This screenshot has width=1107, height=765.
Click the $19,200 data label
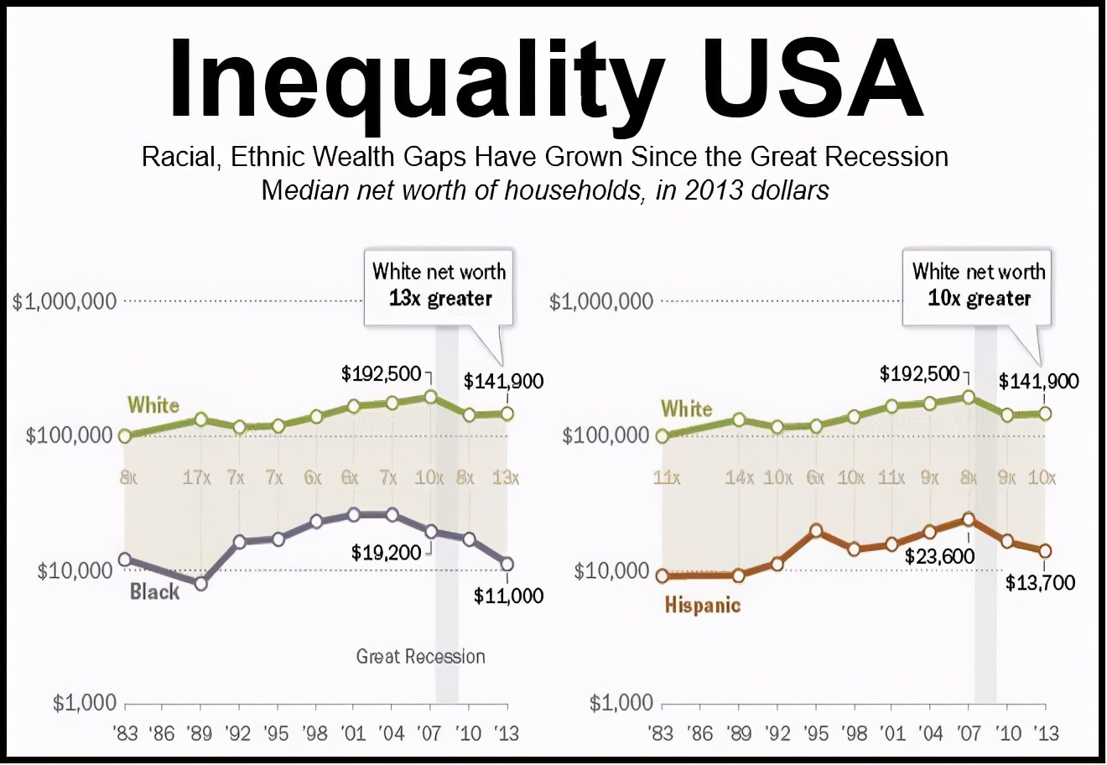pos(386,553)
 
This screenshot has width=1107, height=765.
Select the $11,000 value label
pos(508,596)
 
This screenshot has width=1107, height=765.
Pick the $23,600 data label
pos(939,556)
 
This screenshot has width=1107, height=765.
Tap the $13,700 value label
pos(1040,582)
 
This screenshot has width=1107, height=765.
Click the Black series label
pos(154,592)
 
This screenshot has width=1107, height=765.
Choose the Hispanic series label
pos(703,605)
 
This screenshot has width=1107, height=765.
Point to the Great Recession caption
pos(420,656)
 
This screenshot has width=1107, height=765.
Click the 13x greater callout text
pos(440,299)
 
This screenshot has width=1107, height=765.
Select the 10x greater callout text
pos(979,299)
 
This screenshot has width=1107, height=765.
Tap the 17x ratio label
pos(197,478)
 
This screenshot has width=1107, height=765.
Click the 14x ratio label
pos(739,478)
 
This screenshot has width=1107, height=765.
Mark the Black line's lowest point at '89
pos(200,583)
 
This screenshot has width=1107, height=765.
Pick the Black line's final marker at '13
pos(507,564)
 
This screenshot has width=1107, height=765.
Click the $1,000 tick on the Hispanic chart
pos(621,703)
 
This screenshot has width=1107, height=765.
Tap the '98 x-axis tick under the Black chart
pos(314,733)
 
